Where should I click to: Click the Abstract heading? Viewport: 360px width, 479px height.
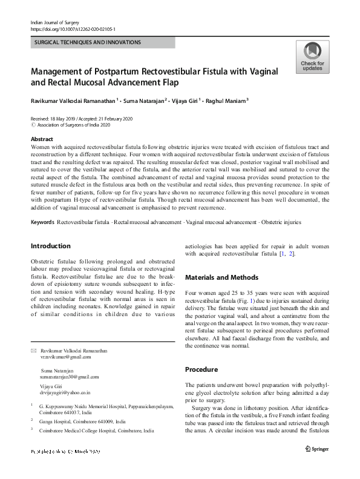(42, 139)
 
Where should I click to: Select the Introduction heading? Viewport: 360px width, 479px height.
(50, 246)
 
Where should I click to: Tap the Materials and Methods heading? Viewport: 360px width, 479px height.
(221, 277)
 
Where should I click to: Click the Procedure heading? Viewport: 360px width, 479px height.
(201, 369)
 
